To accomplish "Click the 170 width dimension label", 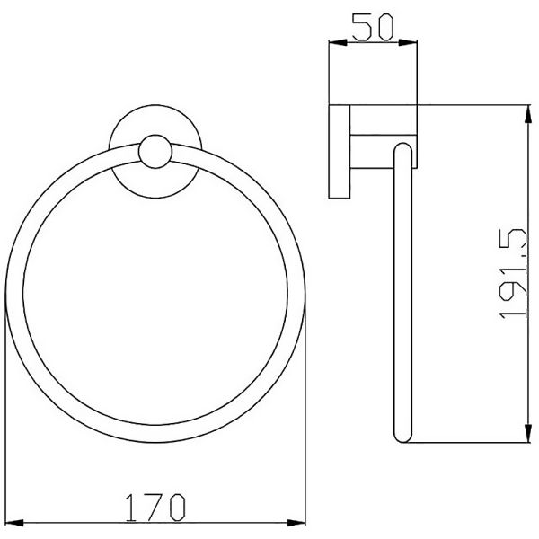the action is [x=155, y=508].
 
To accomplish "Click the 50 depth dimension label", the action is [x=373, y=27].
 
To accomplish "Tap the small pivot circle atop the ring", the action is [x=155, y=152].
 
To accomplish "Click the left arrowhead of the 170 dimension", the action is [x=14, y=523].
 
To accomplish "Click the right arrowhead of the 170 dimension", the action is [x=296, y=523].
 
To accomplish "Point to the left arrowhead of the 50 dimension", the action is [x=339, y=42].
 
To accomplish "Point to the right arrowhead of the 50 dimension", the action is [x=408, y=42].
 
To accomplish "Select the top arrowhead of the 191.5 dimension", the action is [x=527, y=114].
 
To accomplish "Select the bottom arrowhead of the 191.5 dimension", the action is [x=527, y=433].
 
